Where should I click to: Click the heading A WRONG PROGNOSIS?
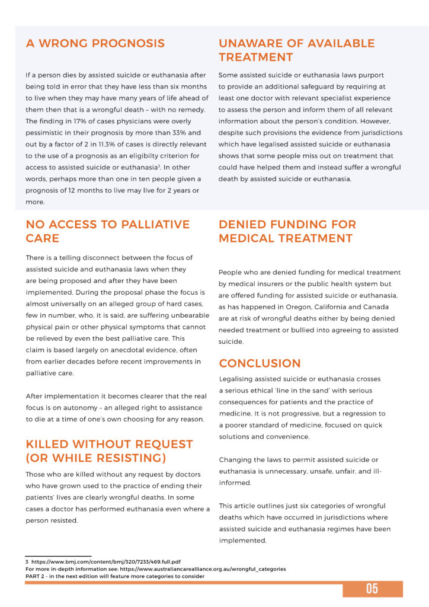tap(95, 43)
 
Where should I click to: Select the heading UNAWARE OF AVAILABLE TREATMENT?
tap(296, 50)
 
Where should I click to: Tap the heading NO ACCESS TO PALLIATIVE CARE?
tap(108, 231)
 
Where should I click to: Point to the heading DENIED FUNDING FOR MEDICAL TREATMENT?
tap(287, 231)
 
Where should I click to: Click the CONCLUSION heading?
tap(260, 363)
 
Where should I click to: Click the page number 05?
tap(372, 589)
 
